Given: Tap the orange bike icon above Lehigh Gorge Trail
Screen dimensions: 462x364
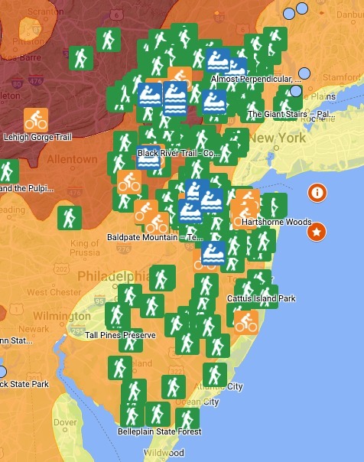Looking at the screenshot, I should [x=36, y=119].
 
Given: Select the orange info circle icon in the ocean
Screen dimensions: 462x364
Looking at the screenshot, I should [x=317, y=193].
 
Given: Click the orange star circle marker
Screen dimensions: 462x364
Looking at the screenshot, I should [x=315, y=231].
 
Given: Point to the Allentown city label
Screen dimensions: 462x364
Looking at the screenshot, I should [x=73, y=159].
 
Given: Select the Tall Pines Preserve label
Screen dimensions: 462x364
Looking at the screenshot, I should [x=120, y=335].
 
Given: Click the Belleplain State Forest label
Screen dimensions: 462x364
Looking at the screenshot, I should [x=159, y=432].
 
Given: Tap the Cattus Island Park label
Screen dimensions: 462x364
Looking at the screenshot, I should [x=261, y=298].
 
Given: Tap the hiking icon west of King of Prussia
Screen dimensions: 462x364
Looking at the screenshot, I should [x=70, y=217].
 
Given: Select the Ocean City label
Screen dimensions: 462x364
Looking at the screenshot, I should [x=197, y=402].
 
